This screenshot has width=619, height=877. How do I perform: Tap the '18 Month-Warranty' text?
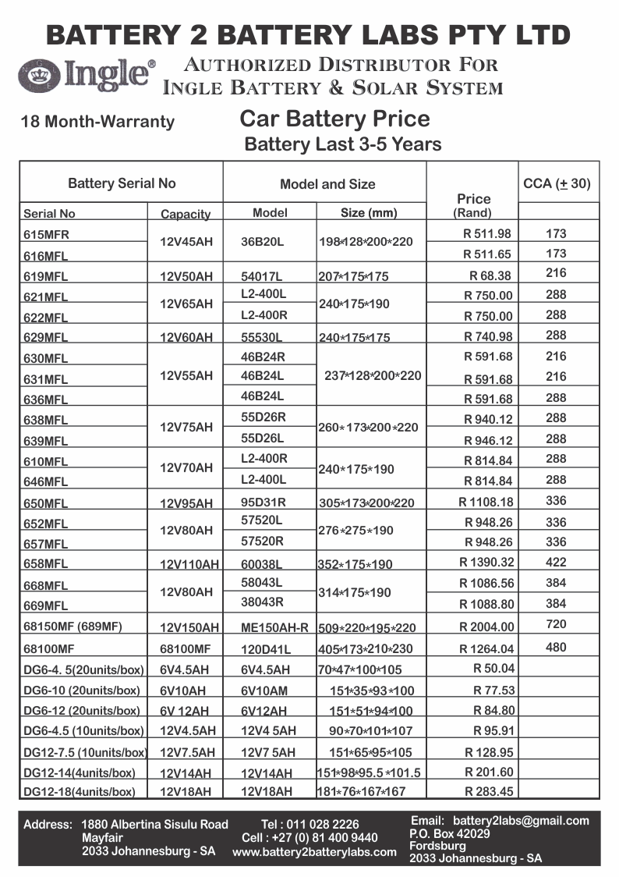[x=98, y=122]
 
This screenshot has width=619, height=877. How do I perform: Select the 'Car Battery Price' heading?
[x=334, y=119]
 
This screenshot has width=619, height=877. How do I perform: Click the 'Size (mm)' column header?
[x=370, y=213]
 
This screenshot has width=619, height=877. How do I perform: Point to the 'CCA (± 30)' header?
[x=557, y=184]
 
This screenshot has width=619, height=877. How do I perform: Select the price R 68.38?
[x=490, y=275]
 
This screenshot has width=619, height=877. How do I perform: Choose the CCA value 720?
[x=557, y=624]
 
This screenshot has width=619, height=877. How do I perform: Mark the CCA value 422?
[x=557, y=562]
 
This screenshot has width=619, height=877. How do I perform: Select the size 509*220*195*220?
[x=367, y=627]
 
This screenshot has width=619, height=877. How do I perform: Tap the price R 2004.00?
[x=487, y=627]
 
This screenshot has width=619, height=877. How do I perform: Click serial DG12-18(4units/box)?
[x=80, y=791]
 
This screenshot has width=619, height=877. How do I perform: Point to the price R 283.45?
[x=489, y=791]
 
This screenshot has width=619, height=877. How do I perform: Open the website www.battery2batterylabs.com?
[x=314, y=852]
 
